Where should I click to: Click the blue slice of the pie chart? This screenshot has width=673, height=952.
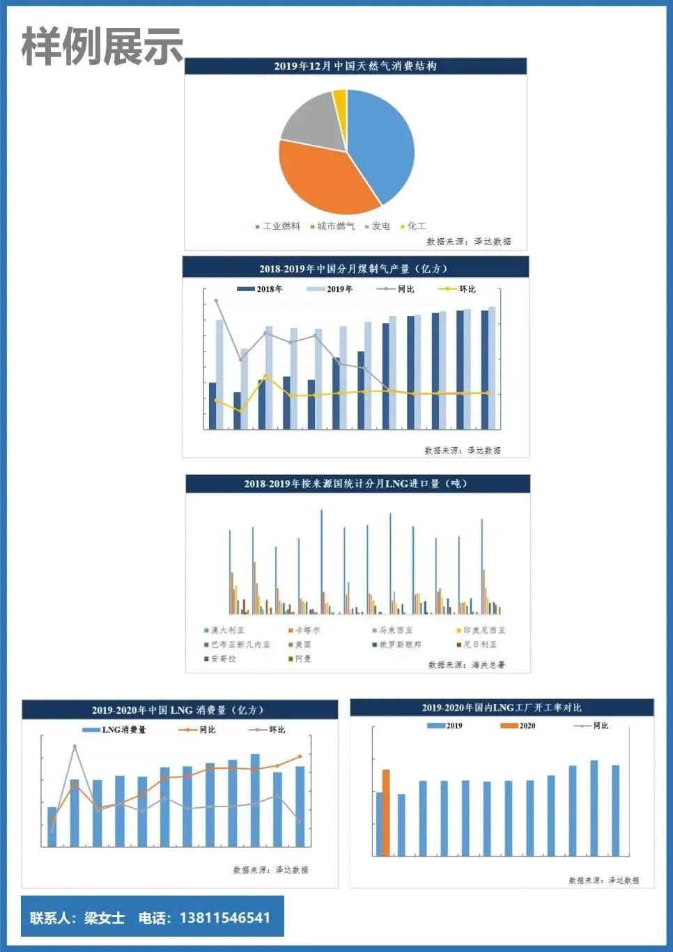point(380,143)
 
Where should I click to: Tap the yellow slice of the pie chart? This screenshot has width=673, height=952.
point(340,101)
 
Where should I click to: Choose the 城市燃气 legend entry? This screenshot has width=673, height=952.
point(335,226)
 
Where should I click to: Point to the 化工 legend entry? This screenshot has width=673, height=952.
point(416,226)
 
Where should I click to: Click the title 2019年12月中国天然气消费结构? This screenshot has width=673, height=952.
point(355,66)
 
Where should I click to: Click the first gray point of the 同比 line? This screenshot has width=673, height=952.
point(216,301)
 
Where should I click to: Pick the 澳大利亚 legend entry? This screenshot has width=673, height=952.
point(227,630)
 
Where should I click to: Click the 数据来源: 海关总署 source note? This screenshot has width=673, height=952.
point(466,665)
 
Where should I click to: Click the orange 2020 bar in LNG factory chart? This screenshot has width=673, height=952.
point(386,812)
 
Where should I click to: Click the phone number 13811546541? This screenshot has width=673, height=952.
point(224,918)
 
